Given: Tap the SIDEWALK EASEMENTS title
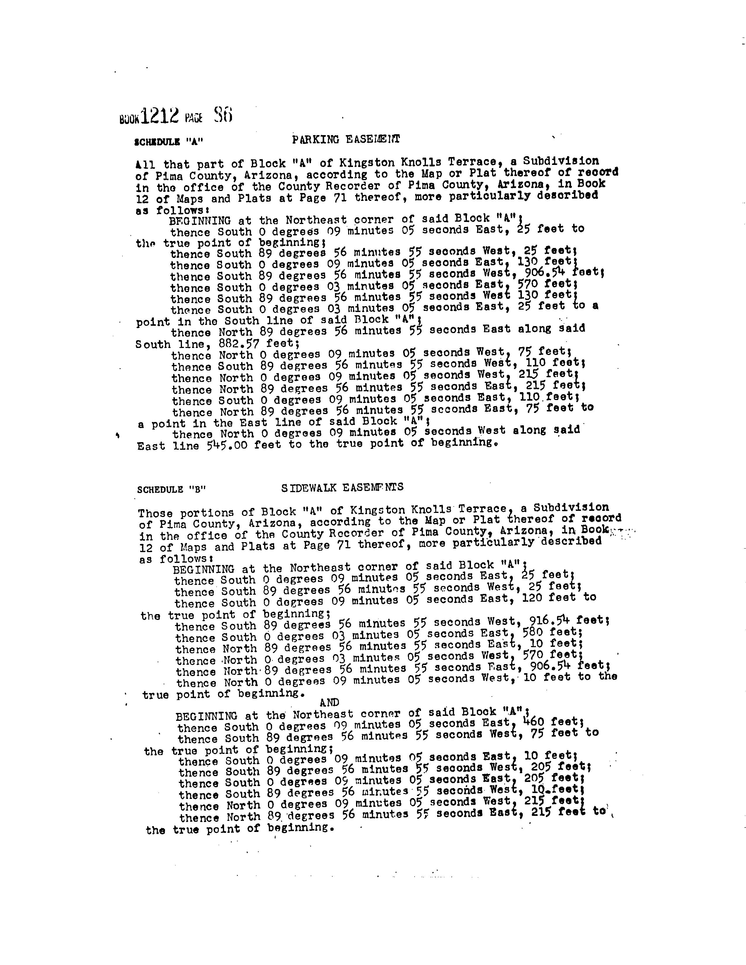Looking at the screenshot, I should click(x=342, y=487).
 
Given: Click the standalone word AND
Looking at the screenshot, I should click(x=329, y=702).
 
